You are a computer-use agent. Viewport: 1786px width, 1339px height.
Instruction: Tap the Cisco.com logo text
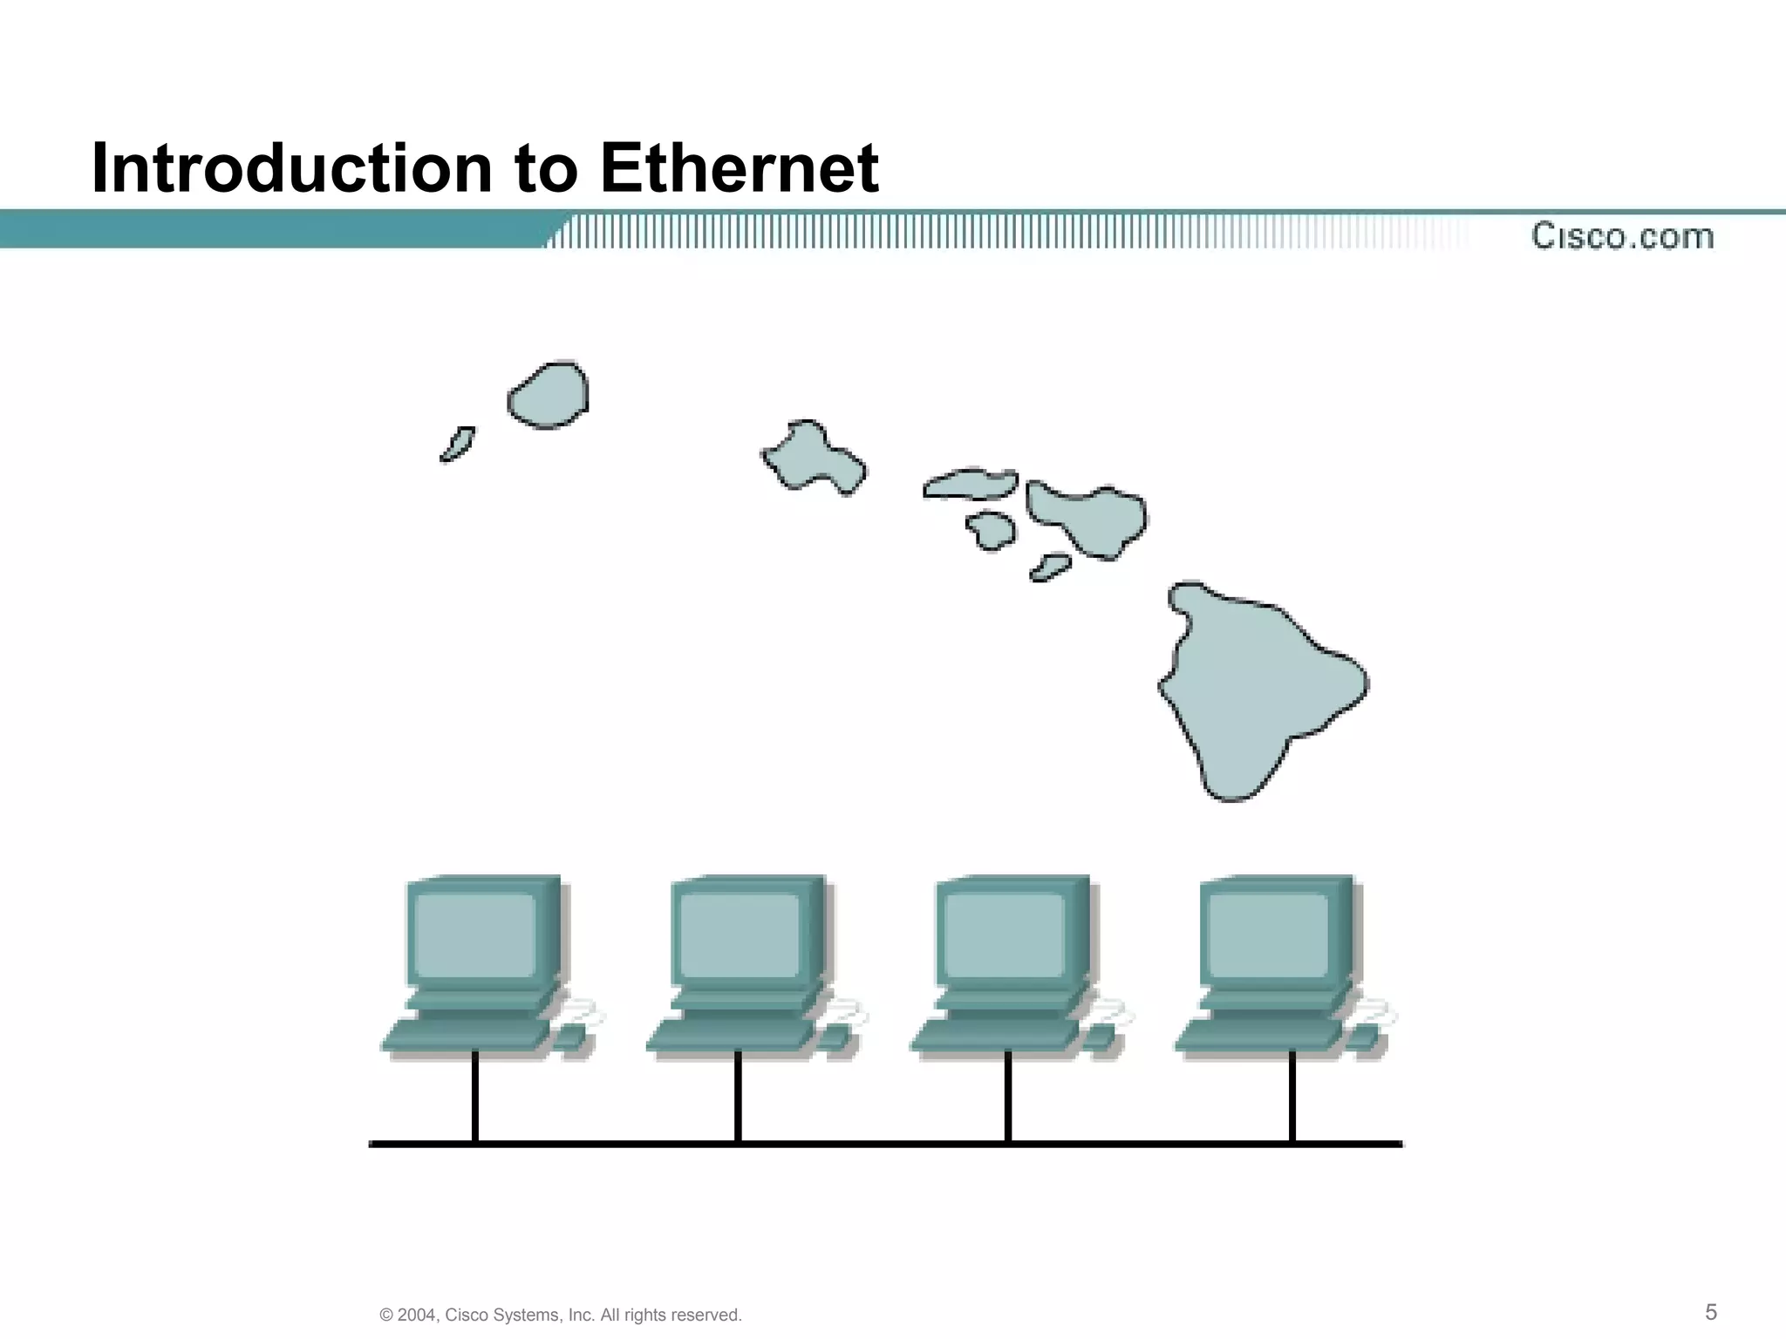point(1622,236)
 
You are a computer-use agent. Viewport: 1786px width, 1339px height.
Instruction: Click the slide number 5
point(1711,1312)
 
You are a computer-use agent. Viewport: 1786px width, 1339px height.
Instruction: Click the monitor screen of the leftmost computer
point(476,935)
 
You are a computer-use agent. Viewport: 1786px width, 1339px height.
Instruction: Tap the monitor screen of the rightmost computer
point(1269,935)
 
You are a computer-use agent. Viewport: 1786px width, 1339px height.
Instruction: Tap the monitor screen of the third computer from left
point(1005,935)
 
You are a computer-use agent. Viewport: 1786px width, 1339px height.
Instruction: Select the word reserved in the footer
point(705,1315)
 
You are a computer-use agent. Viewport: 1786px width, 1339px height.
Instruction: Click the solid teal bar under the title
point(262,230)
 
